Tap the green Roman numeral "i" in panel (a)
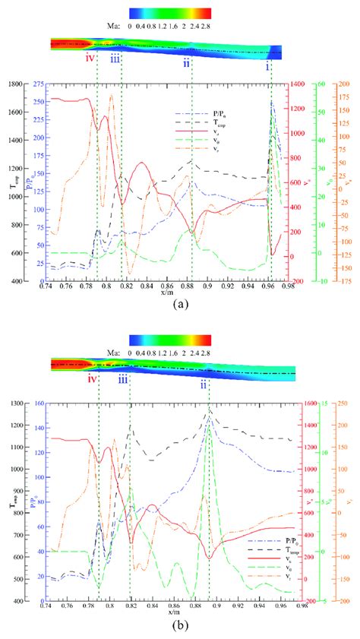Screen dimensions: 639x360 click(x=267, y=67)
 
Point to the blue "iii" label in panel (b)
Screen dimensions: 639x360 click(x=123, y=382)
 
